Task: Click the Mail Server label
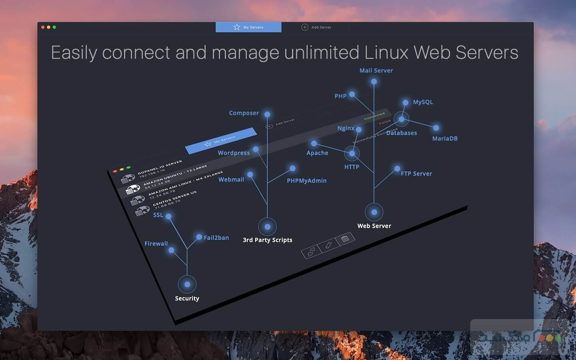pos(376,70)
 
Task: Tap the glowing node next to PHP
pos(352,94)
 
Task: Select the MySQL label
pos(423,102)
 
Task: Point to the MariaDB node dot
pos(436,128)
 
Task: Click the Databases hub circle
pos(401,119)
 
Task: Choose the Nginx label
pos(346,128)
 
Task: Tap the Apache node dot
pos(314,143)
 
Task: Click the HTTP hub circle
pos(352,153)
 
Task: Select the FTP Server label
pos(416,174)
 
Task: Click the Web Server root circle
pos(374,212)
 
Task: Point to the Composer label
pos(244,113)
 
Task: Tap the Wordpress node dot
pos(256,149)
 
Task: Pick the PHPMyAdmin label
pos(306,181)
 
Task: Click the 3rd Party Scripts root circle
pos(267,227)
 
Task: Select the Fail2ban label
pos(216,238)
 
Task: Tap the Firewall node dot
pos(171,250)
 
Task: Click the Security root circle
pos(187,284)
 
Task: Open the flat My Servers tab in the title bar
pos(248,27)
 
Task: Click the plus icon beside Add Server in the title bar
pos(305,27)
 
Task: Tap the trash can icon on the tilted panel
pos(345,239)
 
